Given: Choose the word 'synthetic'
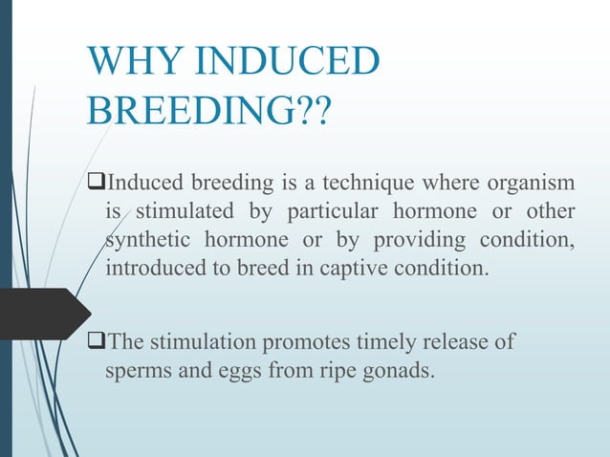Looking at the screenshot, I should [147, 238].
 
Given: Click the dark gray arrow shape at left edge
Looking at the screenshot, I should [43, 314].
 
